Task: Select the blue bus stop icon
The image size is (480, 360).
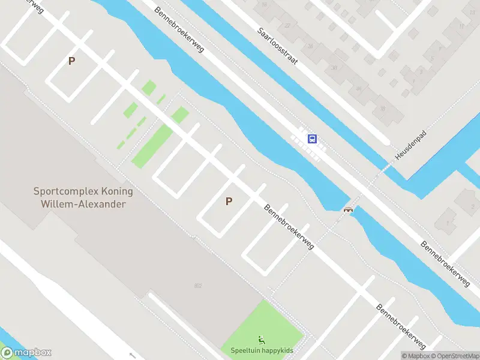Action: point(312,139)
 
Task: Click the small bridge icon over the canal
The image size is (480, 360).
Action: point(347,209)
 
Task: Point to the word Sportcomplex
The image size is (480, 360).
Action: point(61,192)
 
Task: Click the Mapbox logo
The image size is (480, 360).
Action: point(26,353)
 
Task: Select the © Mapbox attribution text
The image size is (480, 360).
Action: point(415,356)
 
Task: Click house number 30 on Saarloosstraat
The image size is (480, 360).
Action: point(335,68)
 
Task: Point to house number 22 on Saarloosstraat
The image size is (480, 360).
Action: point(287,25)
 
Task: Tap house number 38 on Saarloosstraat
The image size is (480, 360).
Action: point(383,109)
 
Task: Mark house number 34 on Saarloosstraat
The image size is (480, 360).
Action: point(359,89)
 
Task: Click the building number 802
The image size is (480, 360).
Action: point(198,286)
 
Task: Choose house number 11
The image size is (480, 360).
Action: point(461,26)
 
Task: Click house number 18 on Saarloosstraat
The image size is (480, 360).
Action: point(263,4)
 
